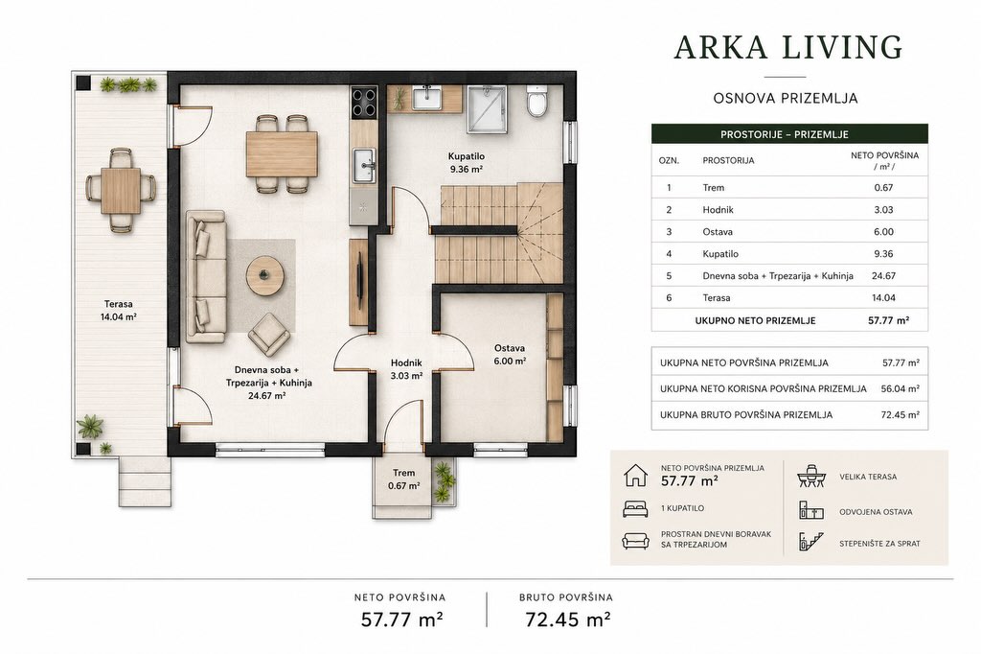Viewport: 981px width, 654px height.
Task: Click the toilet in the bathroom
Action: [536, 102]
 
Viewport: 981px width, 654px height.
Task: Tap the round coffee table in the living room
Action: [264, 275]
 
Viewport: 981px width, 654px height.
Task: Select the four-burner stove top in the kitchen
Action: [363, 102]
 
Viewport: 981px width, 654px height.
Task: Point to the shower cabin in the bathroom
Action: [486, 109]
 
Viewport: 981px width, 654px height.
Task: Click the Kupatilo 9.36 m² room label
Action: [467, 162]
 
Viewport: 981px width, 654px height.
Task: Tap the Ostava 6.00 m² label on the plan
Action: [510, 354]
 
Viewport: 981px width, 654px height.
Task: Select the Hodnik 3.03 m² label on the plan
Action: [406, 369]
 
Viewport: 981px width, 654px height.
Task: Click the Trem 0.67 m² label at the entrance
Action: [403, 479]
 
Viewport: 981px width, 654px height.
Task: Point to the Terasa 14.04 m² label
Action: [118, 310]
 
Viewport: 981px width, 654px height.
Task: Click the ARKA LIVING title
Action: [788, 48]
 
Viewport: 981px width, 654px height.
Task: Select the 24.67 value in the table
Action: [883, 275]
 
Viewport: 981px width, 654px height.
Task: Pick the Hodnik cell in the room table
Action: [718, 210]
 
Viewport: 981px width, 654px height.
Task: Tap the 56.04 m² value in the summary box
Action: [900, 388]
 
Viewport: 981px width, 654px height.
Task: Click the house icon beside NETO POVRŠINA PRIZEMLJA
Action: [635, 475]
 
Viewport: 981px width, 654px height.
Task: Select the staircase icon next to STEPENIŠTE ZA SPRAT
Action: [810, 542]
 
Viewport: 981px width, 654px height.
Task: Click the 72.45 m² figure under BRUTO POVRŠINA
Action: [567, 619]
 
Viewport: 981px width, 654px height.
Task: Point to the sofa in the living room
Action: [205, 276]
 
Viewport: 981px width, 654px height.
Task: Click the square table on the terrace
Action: [120, 190]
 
